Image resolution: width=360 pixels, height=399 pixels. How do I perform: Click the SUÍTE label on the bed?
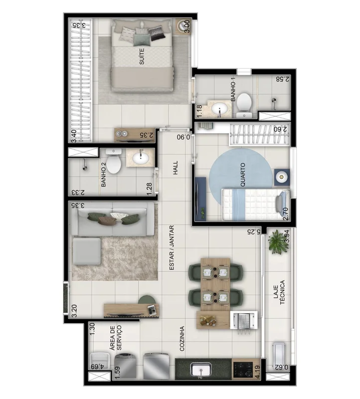pyautogui.click(x=142, y=56)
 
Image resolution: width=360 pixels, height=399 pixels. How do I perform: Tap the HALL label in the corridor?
pyautogui.click(x=176, y=168)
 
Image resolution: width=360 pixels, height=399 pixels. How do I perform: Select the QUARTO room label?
pyautogui.click(x=243, y=175)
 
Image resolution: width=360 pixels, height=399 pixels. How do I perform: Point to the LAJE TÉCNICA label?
pyautogui.click(x=279, y=292)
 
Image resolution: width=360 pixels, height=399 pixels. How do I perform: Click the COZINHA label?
pyautogui.click(x=182, y=339)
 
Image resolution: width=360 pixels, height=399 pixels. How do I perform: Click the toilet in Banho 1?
pyautogui.click(x=244, y=104)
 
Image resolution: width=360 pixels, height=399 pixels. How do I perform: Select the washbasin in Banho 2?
pyautogui.click(x=141, y=158)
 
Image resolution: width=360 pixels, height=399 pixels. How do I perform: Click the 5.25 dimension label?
pyautogui.click(x=254, y=232)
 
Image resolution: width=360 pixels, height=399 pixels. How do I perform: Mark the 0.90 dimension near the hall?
pyautogui.click(x=183, y=137)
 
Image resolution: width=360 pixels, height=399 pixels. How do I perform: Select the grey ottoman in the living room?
pyautogui.click(x=87, y=251)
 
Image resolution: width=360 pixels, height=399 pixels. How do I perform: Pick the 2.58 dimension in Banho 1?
pyautogui.click(x=283, y=79)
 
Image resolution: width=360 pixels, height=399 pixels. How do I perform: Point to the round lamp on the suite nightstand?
pyautogui.click(x=182, y=26)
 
